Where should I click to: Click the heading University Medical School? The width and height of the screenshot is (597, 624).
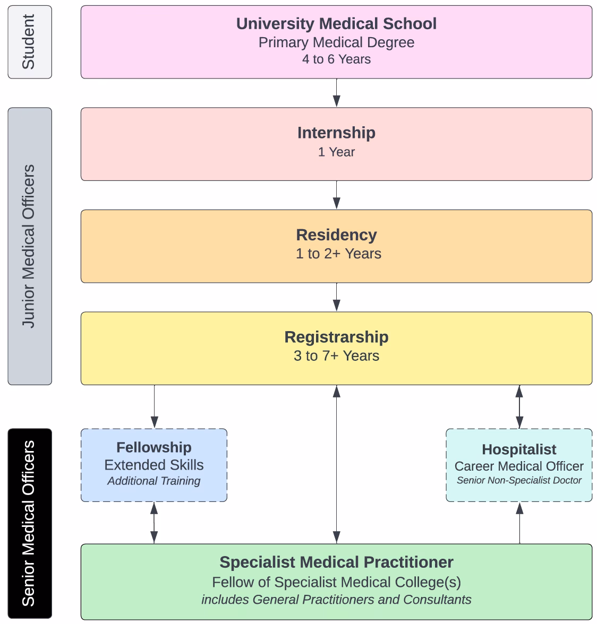[x=336, y=24]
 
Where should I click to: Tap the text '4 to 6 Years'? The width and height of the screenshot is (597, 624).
[x=336, y=59]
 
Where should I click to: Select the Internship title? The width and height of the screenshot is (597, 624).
[x=336, y=133]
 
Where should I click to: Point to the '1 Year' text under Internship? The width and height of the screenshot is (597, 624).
[x=336, y=152]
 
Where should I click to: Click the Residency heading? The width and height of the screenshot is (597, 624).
[x=336, y=235]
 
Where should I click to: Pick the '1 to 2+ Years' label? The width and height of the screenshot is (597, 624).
[x=338, y=254]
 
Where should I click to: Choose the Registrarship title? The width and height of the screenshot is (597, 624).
[x=336, y=337]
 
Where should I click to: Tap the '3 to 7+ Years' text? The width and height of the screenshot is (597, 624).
[x=336, y=356]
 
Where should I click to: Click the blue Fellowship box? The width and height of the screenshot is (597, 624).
[x=154, y=465]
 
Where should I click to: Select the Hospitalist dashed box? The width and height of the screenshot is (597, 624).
[x=519, y=465]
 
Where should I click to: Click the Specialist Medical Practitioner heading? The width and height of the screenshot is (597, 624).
[x=336, y=562]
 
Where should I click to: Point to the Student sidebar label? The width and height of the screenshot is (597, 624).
[x=29, y=42]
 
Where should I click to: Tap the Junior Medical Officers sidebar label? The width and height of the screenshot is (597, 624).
[x=29, y=246]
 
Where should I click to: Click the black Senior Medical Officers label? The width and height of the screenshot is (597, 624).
[x=29, y=523]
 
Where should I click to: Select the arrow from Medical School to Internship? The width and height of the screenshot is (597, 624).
[x=336, y=93]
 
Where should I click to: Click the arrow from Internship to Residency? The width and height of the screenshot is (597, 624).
[x=336, y=195]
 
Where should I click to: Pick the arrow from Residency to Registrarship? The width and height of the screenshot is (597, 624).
[x=336, y=297]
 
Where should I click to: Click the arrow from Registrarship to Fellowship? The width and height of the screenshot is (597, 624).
[x=154, y=406]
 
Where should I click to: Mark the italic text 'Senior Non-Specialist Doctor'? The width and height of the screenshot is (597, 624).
[x=519, y=481]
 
